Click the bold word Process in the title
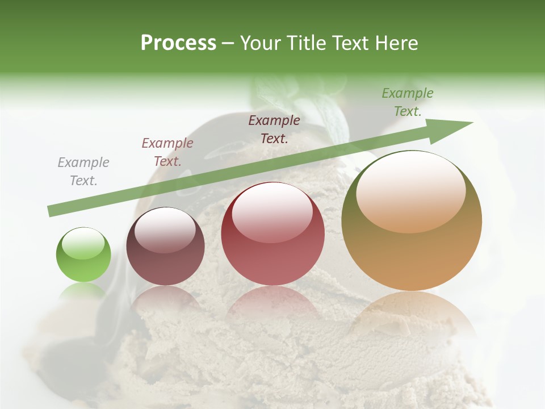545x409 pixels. (x=178, y=43)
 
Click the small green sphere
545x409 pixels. (x=83, y=255)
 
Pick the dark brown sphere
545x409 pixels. (x=165, y=247)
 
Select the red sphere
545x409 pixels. (x=272, y=234)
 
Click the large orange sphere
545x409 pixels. (x=412, y=221)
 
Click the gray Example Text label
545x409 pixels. (x=83, y=172)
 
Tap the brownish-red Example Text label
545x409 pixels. (x=167, y=152)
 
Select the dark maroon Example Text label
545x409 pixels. (x=274, y=129)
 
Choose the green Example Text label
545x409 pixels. (x=407, y=102)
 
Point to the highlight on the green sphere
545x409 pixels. (x=83, y=244)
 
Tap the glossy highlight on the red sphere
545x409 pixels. (x=272, y=212)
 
